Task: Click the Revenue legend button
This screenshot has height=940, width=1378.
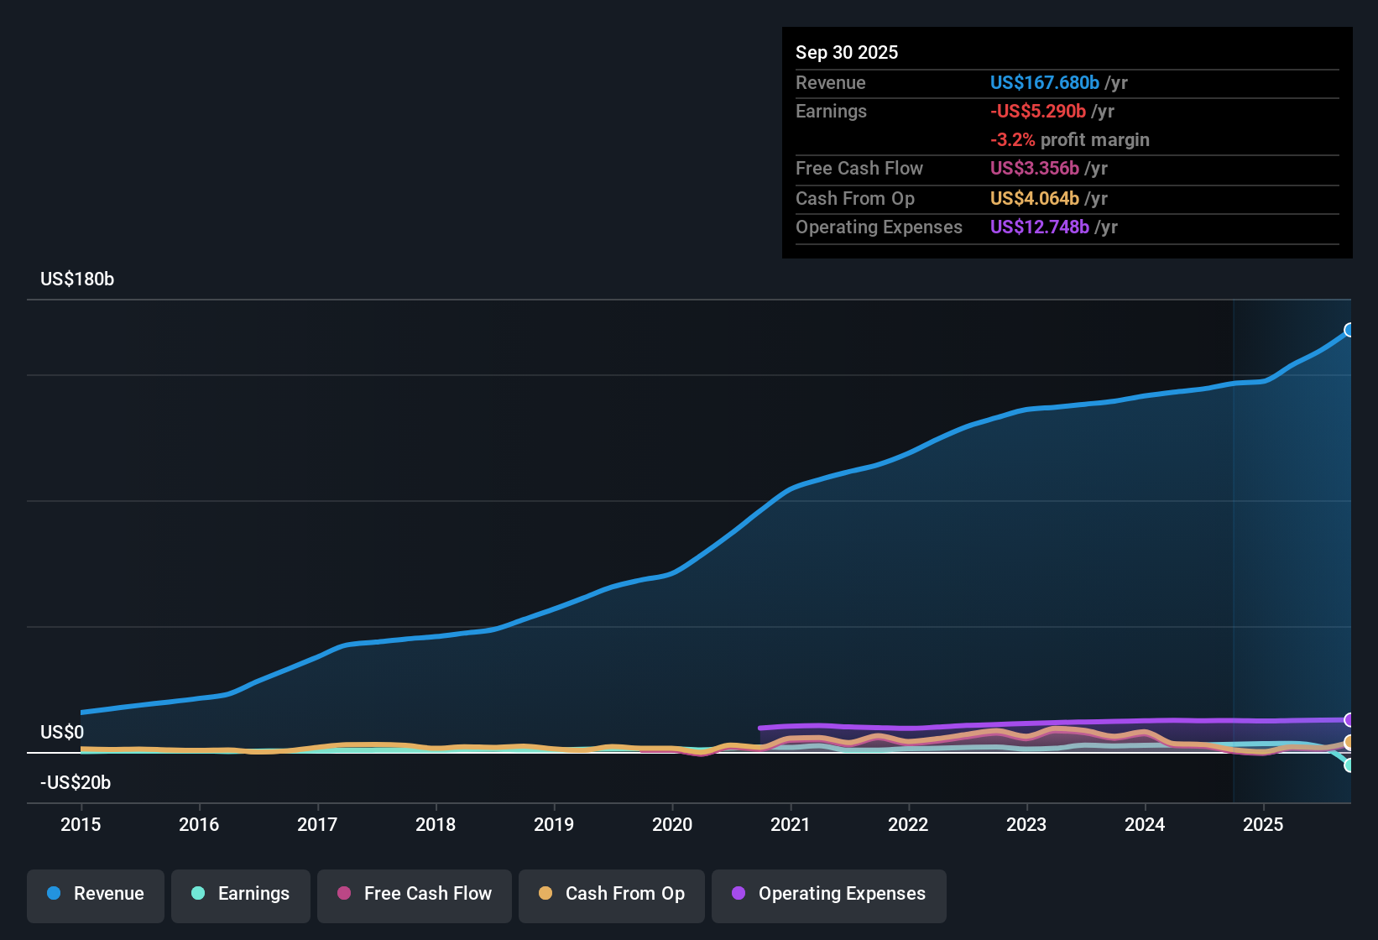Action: coord(96,894)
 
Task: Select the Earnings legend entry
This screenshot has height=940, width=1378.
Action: coord(240,894)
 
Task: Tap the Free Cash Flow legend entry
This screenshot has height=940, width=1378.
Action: coord(415,894)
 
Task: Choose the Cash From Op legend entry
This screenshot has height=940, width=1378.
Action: coord(612,894)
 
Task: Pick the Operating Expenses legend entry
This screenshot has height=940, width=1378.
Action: coord(829,894)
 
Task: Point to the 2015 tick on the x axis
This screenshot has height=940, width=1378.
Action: coord(81,824)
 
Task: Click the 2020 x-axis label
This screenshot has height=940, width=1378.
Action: coord(672,824)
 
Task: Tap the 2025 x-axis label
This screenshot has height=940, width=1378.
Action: coord(1263,824)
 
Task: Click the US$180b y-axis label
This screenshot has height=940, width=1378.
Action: coord(77,279)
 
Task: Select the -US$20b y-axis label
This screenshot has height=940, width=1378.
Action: coord(76,783)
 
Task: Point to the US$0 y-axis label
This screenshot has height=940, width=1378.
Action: coord(62,733)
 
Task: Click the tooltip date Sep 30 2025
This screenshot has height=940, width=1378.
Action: coord(847,53)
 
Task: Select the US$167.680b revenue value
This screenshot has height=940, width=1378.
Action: coord(1044,83)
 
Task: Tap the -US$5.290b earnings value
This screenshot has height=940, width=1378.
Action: coord(1038,112)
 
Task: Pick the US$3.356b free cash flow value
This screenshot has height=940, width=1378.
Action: coord(1034,169)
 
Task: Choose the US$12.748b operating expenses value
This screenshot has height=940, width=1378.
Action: coord(1039,227)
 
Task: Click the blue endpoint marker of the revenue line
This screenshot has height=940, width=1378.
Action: coord(1349,330)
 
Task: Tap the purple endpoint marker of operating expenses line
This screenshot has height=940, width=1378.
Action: coord(1349,720)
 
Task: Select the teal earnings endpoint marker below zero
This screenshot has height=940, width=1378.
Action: coord(1349,765)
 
